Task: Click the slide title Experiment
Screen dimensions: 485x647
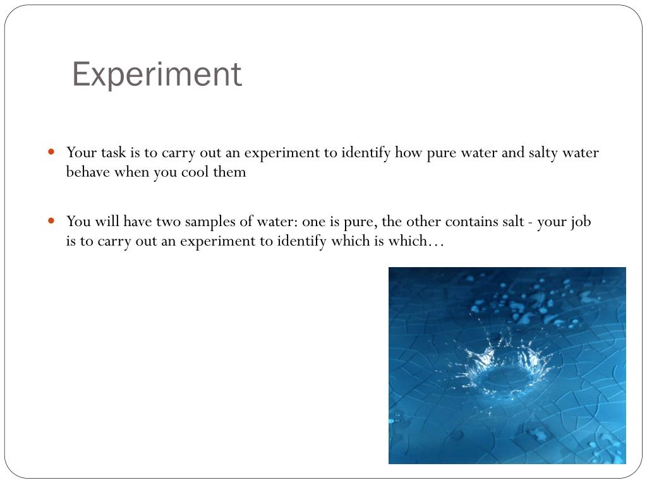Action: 157,75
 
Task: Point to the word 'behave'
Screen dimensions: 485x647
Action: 88,172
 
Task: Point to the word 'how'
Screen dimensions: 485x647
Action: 408,153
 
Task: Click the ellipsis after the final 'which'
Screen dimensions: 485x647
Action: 436,242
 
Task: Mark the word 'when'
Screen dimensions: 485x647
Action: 131,172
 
